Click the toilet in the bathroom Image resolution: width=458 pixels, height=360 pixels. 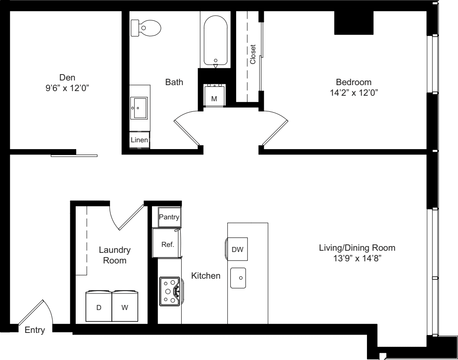146,28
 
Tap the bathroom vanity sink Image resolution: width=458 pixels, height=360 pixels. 139,108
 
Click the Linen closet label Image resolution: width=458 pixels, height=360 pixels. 139,140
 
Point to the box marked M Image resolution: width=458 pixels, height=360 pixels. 214,96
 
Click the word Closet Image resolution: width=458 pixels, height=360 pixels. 253,54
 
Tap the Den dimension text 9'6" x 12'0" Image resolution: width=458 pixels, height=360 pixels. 70,88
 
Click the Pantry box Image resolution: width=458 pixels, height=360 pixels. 169,217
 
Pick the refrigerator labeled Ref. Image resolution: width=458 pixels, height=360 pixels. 168,244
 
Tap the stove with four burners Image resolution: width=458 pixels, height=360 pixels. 170,291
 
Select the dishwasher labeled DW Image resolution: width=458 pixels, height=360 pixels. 237,249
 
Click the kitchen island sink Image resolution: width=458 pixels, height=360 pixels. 238,278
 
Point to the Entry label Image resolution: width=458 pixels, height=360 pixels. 35,330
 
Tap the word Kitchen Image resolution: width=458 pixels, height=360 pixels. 206,276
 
